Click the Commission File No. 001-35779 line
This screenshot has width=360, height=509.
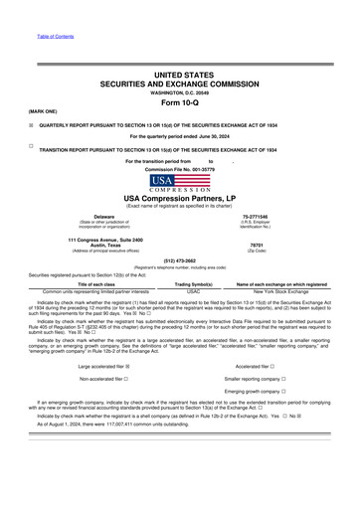(180, 169)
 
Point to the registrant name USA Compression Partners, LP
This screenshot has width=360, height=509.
(180, 198)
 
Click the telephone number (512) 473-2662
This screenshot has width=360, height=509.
(180, 262)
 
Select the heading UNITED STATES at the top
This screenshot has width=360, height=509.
(180, 75)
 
